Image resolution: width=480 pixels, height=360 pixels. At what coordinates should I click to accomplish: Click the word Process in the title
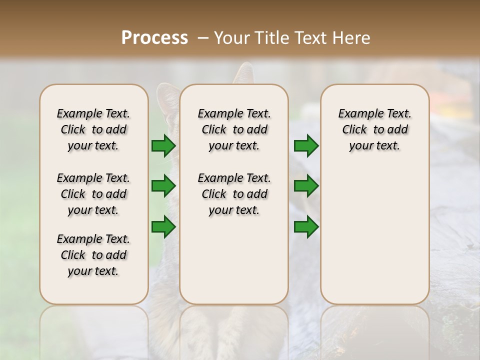(x=154, y=38)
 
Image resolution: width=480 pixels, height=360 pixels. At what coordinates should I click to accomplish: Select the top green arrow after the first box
(x=163, y=145)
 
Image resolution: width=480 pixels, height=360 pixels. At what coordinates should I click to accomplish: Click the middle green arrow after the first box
(x=163, y=186)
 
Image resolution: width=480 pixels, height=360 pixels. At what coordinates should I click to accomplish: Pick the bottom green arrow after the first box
(x=163, y=226)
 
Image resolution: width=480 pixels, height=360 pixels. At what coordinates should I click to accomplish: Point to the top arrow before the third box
(x=306, y=145)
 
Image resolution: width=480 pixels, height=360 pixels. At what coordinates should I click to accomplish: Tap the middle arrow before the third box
(x=306, y=186)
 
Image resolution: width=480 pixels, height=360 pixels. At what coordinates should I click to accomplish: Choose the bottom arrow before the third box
(x=306, y=226)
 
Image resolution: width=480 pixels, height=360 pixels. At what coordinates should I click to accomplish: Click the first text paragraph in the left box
(x=93, y=129)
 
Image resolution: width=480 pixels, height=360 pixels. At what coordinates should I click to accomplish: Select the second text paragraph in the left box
(x=93, y=194)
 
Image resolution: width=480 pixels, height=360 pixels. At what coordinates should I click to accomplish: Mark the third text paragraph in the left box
(x=93, y=255)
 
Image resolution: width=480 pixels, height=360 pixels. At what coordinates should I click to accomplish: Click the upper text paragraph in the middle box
(x=234, y=129)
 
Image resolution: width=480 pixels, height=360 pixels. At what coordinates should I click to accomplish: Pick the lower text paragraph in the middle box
(x=234, y=194)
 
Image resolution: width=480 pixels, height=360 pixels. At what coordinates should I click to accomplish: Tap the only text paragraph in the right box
(x=374, y=129)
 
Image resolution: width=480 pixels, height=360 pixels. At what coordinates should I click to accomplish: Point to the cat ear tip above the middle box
(x=245, y=70)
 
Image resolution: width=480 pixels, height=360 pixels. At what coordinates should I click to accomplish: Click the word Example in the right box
(x=357, y=113)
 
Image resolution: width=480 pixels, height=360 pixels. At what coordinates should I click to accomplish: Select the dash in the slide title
(x=202, y=38)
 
